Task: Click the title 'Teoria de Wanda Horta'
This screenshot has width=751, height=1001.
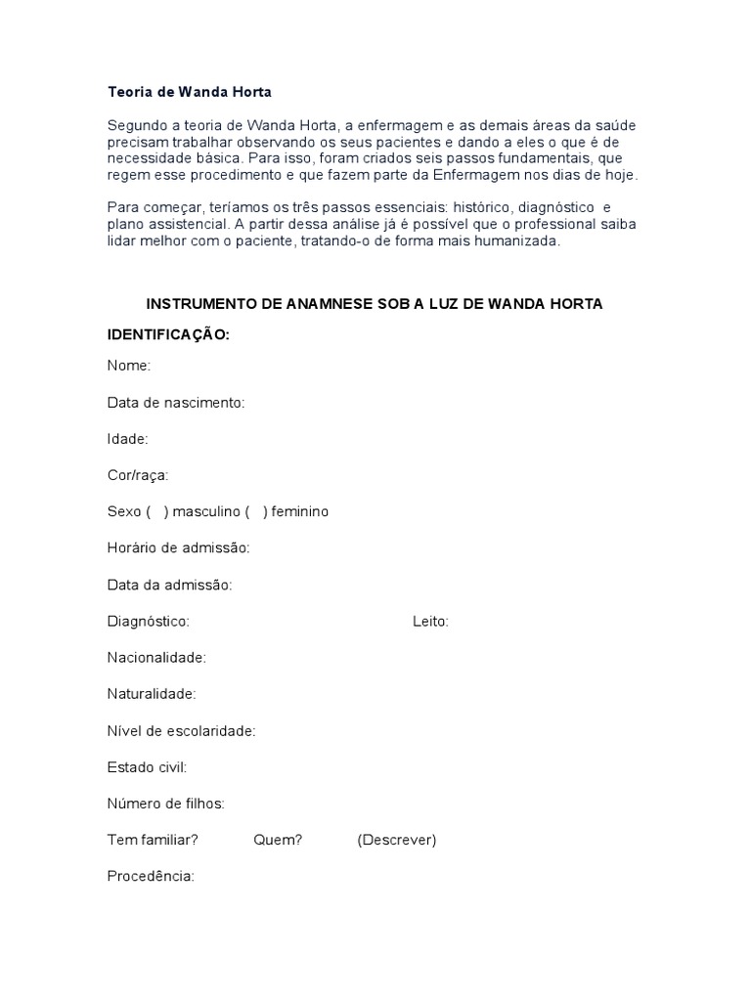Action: [x=189, y=92]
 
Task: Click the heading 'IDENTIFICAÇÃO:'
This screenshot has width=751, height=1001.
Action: [x=168, y=334]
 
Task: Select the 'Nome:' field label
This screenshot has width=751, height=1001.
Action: [x=129, y=366]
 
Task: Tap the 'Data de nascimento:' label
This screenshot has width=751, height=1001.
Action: [x=176, y=403]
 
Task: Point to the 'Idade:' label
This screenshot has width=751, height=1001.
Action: [x=127, y=439]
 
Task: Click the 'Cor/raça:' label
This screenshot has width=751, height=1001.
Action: [x=138, y=475]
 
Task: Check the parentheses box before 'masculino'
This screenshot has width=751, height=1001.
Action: [x=157, y=511]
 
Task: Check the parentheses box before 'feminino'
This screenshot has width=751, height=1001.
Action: [x=256, y=511]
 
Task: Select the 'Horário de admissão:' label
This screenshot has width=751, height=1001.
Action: [x=179, y=547]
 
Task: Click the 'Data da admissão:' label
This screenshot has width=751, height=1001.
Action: [x=169, y=585]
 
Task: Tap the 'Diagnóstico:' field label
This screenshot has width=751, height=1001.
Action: [x=149, y=621]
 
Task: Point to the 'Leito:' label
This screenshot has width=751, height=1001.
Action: [x=431, y=621]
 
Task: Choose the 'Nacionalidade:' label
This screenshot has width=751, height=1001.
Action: [x=156, y=657]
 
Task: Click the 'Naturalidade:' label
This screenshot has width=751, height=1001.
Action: [x=152, y=694]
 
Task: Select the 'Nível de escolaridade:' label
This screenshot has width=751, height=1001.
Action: [x=181, y=730]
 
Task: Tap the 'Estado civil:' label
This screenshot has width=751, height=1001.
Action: [x=147, y=767]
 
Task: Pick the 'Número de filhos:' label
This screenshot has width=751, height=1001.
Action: [x=166, y=804]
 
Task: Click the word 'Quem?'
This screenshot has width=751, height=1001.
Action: [x=278, y=840]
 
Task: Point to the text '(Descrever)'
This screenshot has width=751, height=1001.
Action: [x=397, y=840]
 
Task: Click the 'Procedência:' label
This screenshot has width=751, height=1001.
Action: [x=151, y=876]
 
